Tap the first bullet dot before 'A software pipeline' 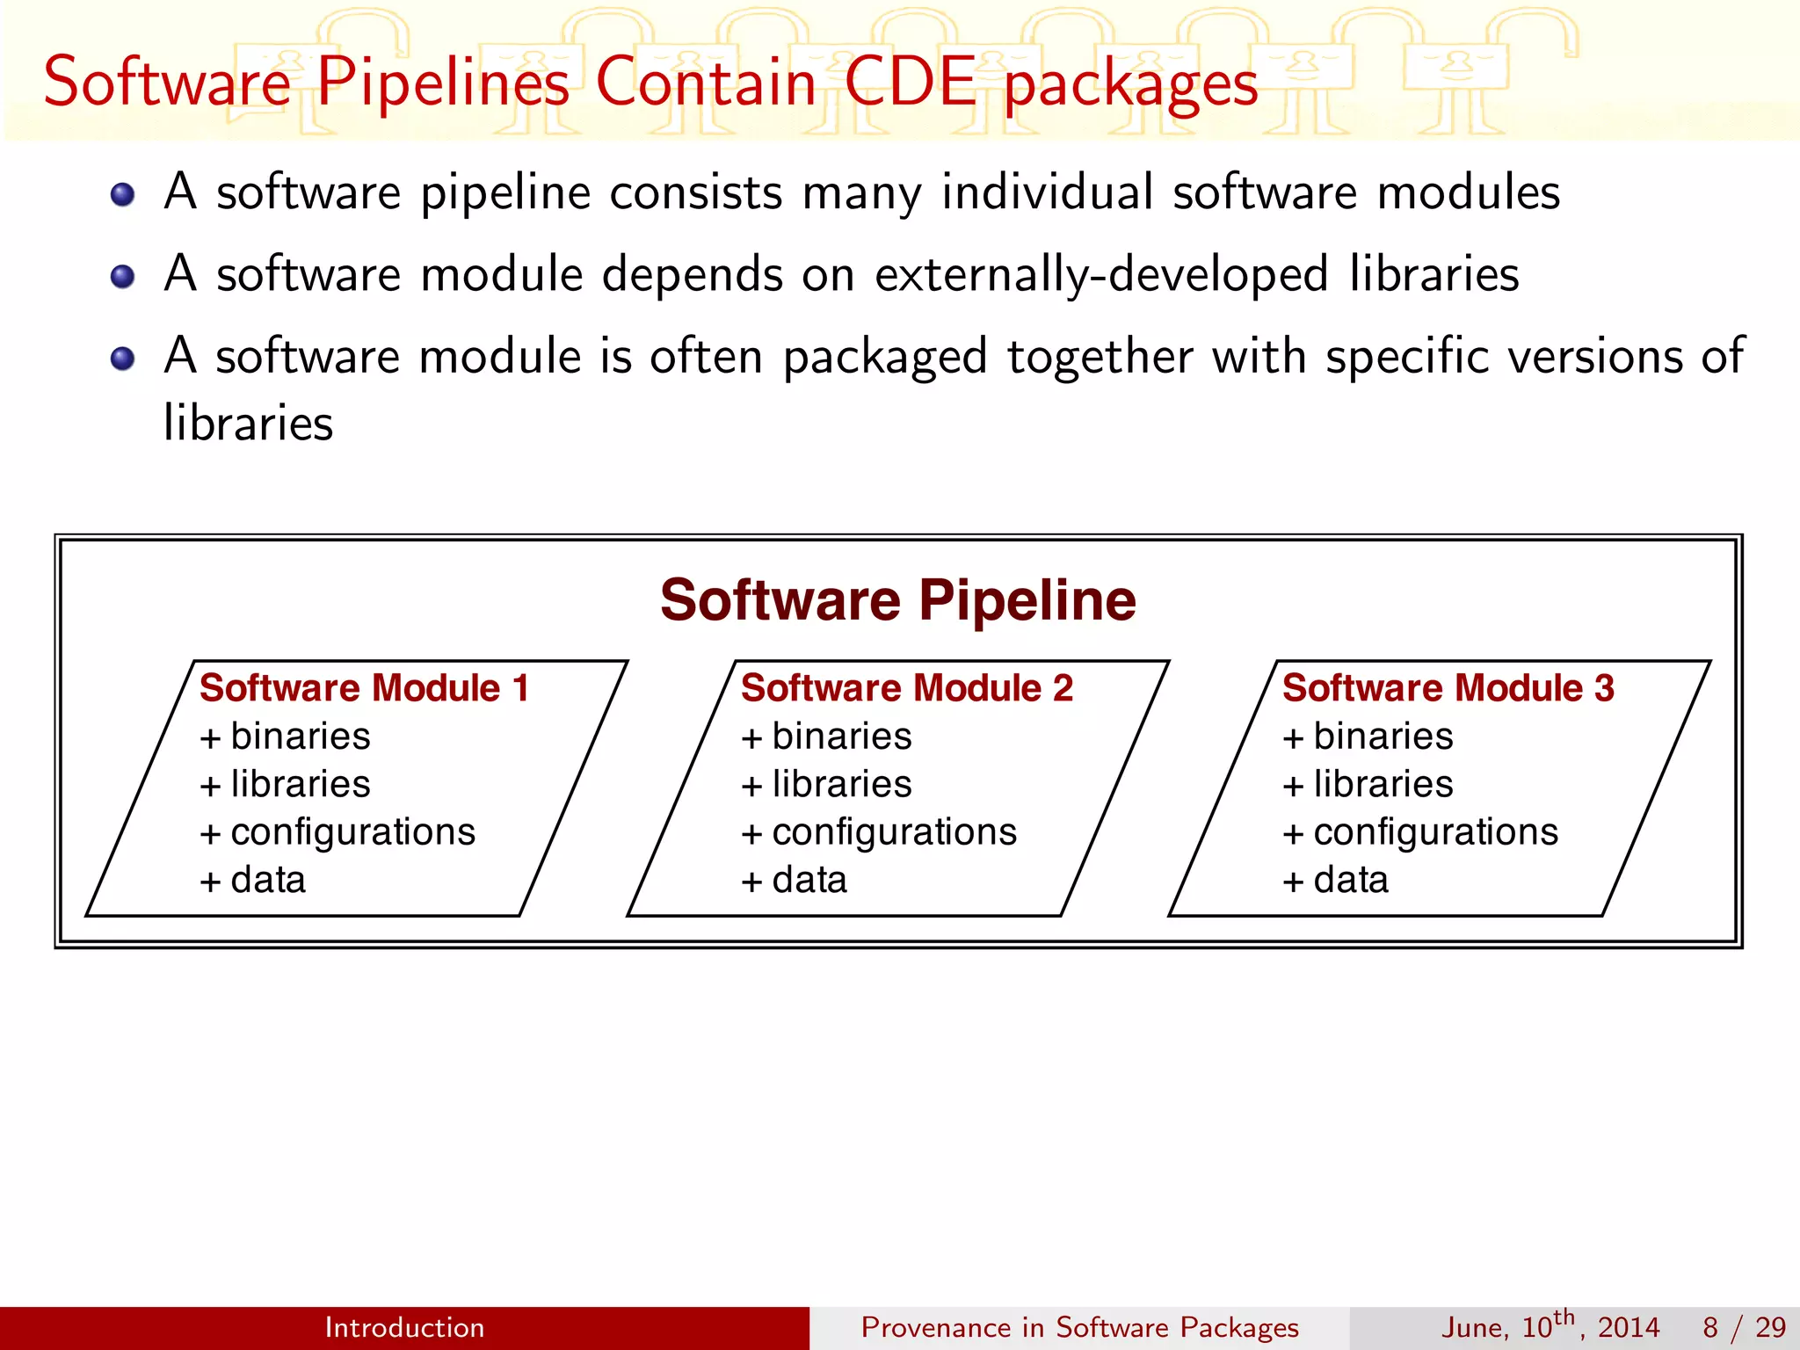tap(123, 194)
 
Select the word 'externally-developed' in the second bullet tap(1100, 274)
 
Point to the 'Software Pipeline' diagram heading tap(898, 600)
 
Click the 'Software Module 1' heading tap(365, 688)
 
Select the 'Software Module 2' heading tap(906, 688)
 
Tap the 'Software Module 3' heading tap(1448, 688)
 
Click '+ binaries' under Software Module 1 tap(285, 737)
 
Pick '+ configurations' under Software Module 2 tap(879, 832)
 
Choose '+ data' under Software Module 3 tap(1336, 880)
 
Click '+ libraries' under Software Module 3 tap(1368, 784)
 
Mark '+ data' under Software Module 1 tap(253, 880)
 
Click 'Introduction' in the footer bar tap(404, 1327)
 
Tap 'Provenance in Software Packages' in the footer tap(1079, 1327)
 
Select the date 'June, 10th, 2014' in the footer tap(1550, 1327)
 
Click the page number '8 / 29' tap(1744, 1327)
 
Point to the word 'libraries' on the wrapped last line tap(249, 423)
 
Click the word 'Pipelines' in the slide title tap(443, 82)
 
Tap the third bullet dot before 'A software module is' tap(123, 359)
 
